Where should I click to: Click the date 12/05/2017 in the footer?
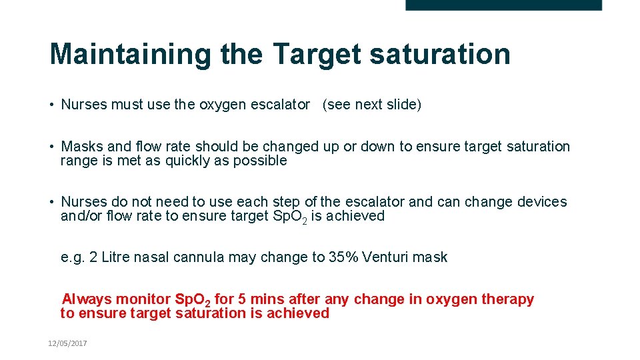(67, 343)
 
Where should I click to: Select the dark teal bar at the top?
(503, 5)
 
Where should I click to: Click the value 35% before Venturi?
(344, 257)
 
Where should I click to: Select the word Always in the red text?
(87, 299)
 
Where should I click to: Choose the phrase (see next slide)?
(372, 105)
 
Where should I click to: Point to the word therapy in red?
(509, 299)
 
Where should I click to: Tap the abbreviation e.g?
(71, 257)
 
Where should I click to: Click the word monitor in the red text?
(144, 299)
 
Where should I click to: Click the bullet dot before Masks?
(52, 147)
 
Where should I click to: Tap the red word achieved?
(298, 313)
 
